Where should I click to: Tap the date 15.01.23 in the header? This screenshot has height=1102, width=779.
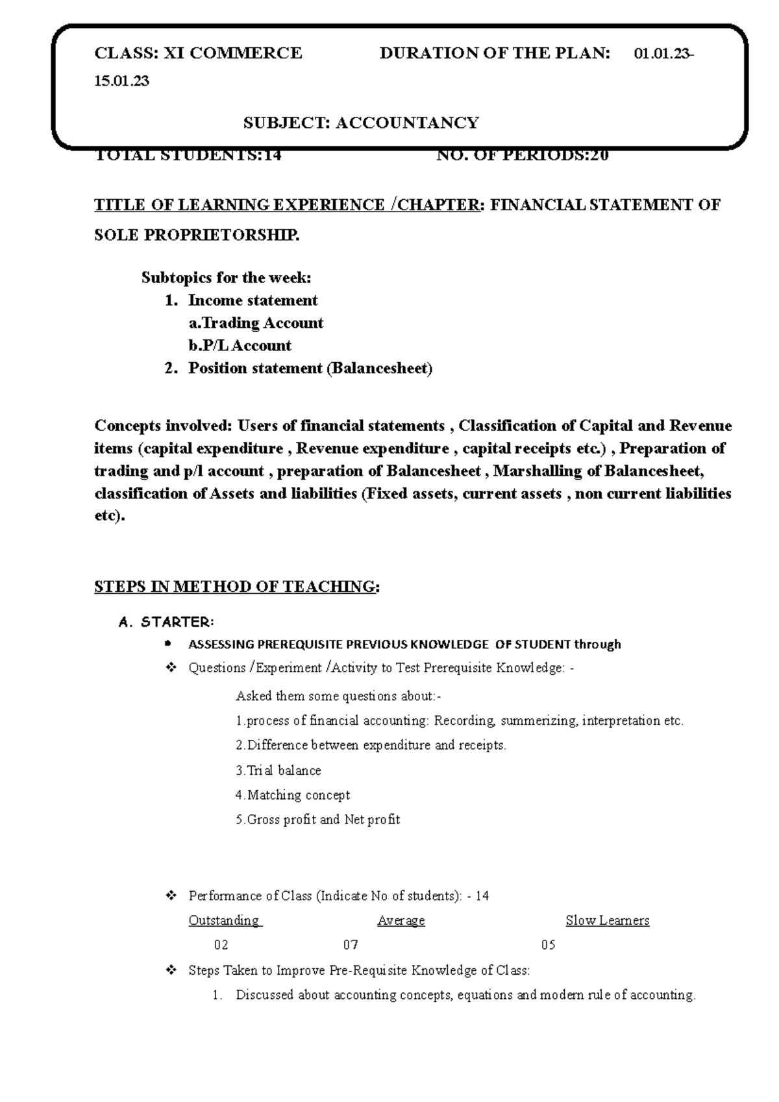(x=121, y=81)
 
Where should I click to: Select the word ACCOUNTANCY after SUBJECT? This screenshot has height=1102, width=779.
(x=407, y=123)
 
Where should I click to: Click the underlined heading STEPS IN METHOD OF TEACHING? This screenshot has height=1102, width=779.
(x=235, y=587)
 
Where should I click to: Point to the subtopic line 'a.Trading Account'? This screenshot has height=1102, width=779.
(x=256, y=323)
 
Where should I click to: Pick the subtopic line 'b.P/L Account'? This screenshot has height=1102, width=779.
(x=240, y=346)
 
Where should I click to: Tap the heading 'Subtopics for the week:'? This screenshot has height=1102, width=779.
(x=227, y=278)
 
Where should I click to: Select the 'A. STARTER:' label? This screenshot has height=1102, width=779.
(x=166, y=622)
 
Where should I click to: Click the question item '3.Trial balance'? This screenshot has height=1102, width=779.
(x=278, y=771)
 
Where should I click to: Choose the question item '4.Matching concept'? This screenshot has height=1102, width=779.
(x=292, y=796)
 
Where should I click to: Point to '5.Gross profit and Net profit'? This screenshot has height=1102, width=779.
(x=317, y=820)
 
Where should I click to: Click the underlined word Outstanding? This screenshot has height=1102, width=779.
(x=224, y=921)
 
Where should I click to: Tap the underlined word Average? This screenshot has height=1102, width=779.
(x=401, y=921)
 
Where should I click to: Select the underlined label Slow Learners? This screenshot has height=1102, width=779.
(x=607, y=921)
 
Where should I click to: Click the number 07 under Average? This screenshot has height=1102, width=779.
(x=351, y=946)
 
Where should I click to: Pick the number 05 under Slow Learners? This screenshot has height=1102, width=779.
(x=548, y=946)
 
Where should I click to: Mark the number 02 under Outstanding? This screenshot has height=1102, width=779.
(x=221, y=946)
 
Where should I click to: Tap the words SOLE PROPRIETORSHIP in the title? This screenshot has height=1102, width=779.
(x=197, y=236)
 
